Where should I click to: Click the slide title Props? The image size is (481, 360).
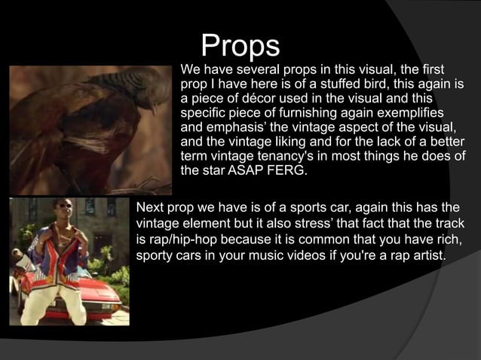(240, 46)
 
